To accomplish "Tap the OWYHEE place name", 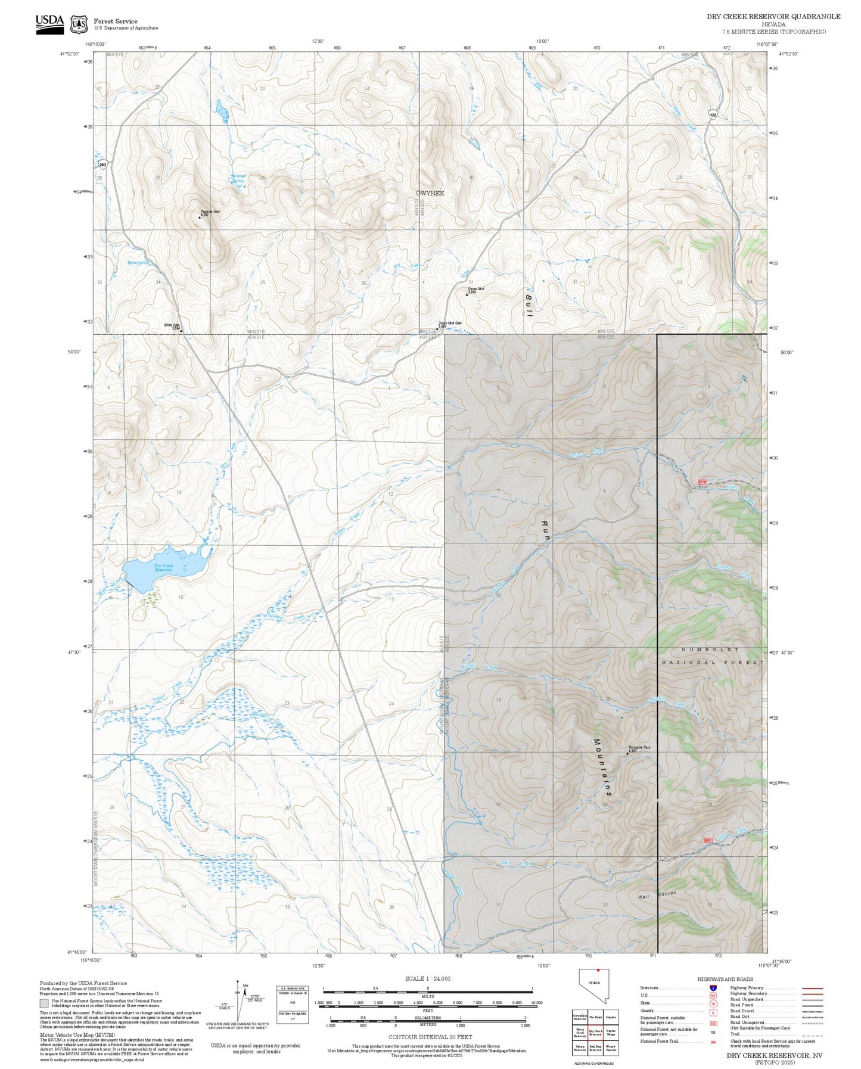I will [430, 193].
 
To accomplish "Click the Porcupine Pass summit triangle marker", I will [627, 753].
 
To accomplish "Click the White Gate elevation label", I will [172, 327].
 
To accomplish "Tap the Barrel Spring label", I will [138, 263].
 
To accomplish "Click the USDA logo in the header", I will [49, 23].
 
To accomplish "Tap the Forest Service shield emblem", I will [79, 24].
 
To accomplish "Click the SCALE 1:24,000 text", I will [427, 978].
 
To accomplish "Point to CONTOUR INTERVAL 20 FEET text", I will [427, 1037].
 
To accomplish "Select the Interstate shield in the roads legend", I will [713, 988].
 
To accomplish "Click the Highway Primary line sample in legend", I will [813, 988].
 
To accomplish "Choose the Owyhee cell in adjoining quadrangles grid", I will [611, 1018].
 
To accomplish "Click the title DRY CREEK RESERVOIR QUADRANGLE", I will [773, 17].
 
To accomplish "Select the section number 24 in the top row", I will [366, 89].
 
